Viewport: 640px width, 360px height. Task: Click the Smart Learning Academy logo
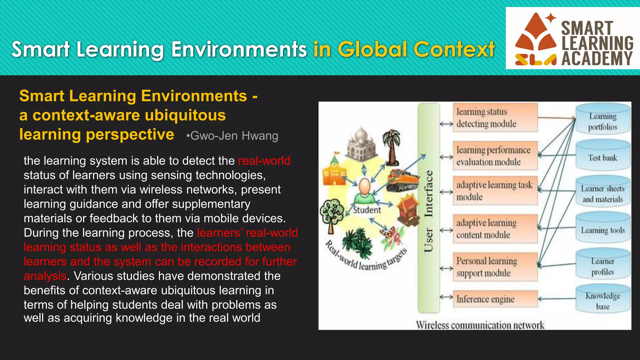pos(572,38)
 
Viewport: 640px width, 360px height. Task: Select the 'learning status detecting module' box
pos(495,118)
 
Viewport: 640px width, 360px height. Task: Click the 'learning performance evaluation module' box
pos(495,156)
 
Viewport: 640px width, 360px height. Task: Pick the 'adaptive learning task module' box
pos(495,191)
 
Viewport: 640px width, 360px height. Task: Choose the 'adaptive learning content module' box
pos(495,229)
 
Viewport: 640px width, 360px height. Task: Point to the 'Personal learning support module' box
pos(495,267)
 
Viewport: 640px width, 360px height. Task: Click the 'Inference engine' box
pos(495,299)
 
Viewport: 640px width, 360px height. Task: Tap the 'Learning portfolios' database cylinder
pos(602,120)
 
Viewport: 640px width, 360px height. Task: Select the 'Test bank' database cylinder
pos(602,156)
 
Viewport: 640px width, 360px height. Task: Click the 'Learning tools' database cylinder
pos(602,229)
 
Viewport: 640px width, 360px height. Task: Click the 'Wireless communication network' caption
pos(480,325)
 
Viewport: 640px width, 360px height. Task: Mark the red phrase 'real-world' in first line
pos(264,161)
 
